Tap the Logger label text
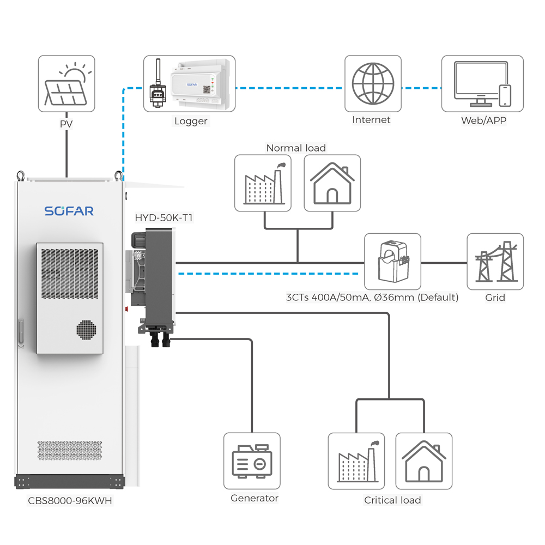click(191, 121)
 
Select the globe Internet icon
click(373, 83)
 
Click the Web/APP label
click(483, 120)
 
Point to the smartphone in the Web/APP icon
click(505, 95)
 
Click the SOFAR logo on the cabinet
click(69, 211)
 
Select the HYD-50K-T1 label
click(163, 217)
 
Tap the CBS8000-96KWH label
click(70, 500)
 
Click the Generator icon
click(252, 461)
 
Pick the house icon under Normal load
click(332, 183)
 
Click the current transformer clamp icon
click(393, 262)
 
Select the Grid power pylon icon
click(495, 262)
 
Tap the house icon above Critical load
click(424, 461)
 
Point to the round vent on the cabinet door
click(86, 330)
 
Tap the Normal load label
click(296, 148)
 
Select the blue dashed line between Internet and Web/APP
click(422, 88)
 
